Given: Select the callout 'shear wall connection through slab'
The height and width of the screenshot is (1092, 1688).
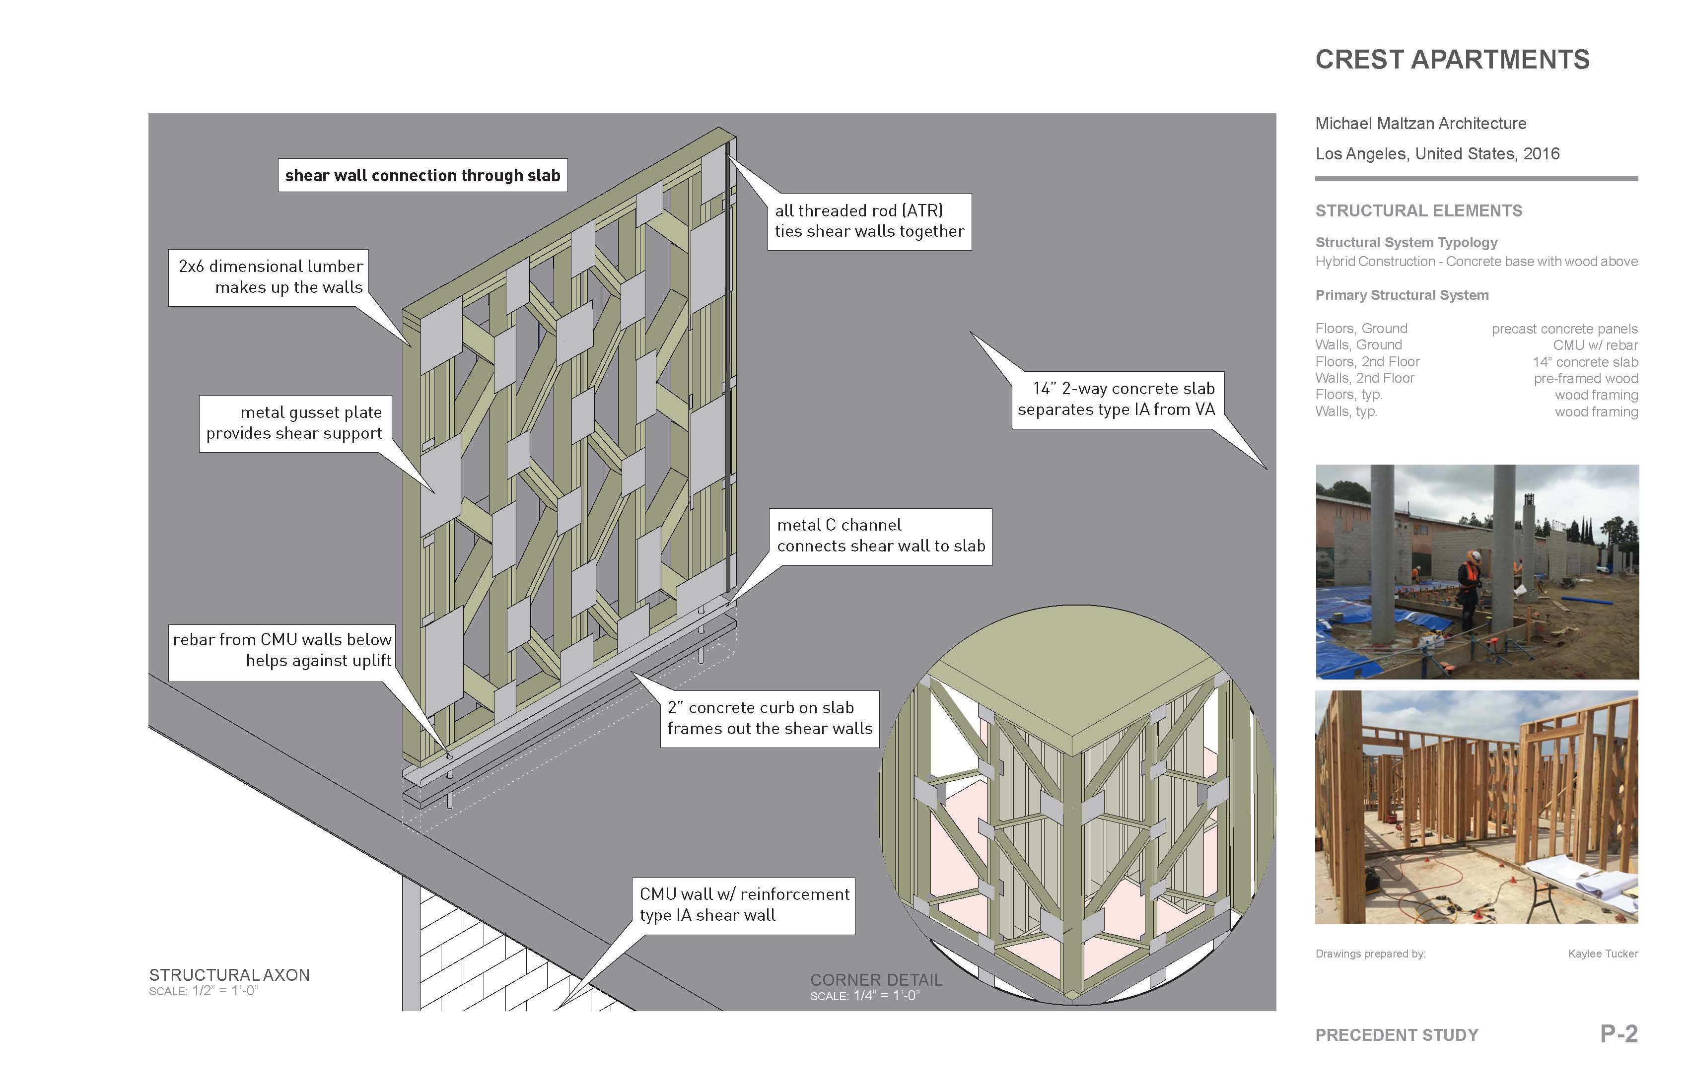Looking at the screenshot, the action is point(422,175).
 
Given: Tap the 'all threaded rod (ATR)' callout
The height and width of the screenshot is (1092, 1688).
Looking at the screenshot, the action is point(869,221).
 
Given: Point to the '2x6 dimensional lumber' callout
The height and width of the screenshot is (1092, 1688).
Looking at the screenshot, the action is point(270,276).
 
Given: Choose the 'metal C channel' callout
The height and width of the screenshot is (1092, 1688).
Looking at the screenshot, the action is point(880,536).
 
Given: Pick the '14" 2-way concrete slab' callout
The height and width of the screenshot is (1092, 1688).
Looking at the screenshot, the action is point(1117,399).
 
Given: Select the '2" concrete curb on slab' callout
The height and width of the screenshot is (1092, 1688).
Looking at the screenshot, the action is point(770,718).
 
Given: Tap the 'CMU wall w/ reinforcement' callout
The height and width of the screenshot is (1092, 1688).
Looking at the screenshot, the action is point(743,905).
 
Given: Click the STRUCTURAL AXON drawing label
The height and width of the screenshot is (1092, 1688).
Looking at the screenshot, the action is point(229,975).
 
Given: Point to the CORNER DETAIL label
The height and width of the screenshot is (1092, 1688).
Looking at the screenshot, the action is point(876,980).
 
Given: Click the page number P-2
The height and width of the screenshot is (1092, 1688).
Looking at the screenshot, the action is point(1618,1034).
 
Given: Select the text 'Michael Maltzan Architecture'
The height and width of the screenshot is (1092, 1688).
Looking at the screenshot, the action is point(1420,124).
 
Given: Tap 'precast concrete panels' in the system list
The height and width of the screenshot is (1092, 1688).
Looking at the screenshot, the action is point(1564,329).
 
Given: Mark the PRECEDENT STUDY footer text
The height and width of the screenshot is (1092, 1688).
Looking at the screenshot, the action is point(1397,1035).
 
